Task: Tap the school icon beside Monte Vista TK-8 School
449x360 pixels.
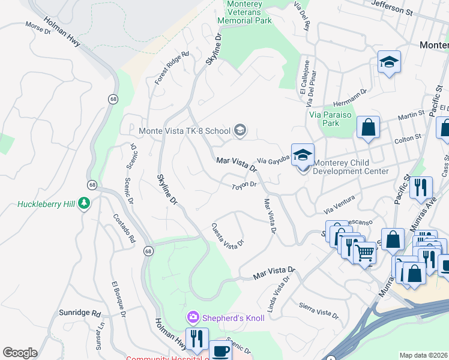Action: click(x=240, y=131)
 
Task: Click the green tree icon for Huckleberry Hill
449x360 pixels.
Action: click(x=85, y=204)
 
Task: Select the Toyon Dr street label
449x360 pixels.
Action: click(x=245, y=187)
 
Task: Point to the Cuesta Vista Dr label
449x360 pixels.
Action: click(x=228, y=235)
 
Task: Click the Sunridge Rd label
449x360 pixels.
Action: click(x=79, y=313)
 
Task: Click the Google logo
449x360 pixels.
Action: click(x=20, y=353)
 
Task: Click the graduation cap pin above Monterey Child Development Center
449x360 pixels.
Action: click(x=303, y=155)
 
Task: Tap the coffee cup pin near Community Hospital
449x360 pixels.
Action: click(x=220, y=351)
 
